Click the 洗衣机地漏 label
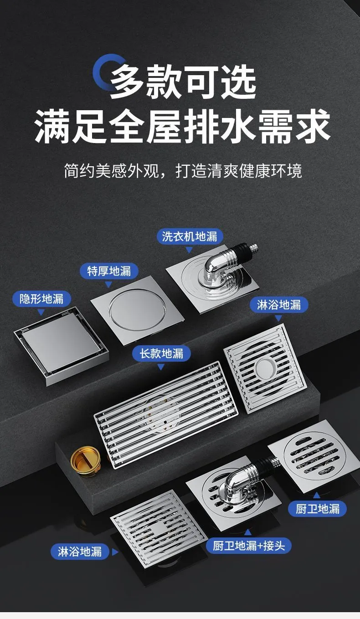[190, 236]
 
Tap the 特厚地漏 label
[109, 271]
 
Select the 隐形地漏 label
[41, 299]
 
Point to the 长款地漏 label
[161, 353]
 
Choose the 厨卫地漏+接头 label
[248, 546]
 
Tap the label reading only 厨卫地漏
[318, 509]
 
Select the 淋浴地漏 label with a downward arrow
[279, 305]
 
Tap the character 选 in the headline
[238, 82]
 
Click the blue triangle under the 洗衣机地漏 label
[189, 250]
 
